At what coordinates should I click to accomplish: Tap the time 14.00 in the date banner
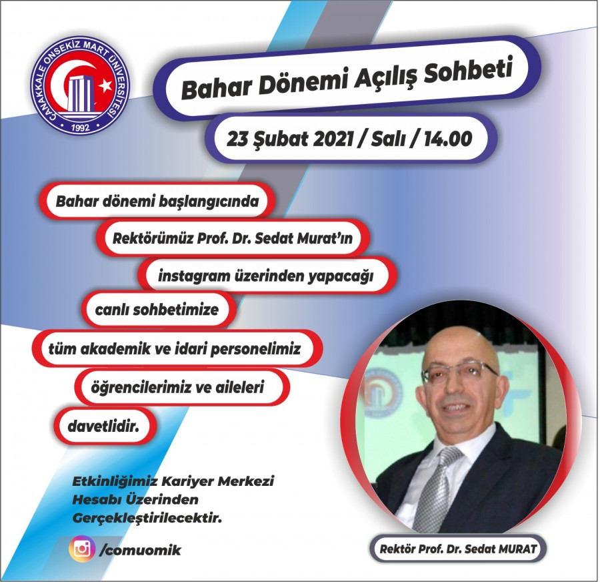tap(448, 139)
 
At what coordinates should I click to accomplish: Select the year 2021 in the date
tap(333, 139)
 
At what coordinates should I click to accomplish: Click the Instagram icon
tap(82, 549)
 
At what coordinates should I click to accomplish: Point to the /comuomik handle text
tap(140, 550)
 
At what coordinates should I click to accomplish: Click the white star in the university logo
tap(105, 87)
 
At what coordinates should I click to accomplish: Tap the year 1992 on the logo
tap(81, 127)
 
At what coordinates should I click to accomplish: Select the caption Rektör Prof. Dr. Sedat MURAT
tap(457, 549)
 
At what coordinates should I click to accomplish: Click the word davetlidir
tap(103, 426)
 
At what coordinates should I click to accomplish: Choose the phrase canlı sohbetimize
tap(157, 310)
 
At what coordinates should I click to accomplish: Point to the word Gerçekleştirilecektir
tap(147, 519)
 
